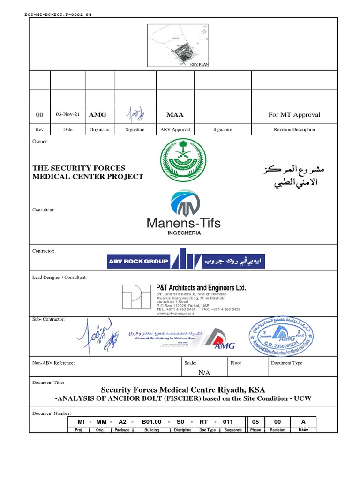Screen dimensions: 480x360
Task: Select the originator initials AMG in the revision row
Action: [x=98, y=114]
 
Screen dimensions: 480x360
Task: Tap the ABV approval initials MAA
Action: [x=175, y=114]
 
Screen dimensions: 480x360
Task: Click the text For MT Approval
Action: [x=294, y=114]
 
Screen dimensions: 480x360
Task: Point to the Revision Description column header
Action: [x=294, y=130]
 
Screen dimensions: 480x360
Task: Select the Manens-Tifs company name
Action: [x=184, y=223]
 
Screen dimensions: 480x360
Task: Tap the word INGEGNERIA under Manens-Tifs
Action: [x=184, y=232]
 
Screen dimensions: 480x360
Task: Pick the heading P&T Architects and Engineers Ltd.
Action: [x=201, y=287]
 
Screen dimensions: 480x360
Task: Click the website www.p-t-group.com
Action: [x=174, y=313]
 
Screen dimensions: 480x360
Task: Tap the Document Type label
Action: [x=287, y=363]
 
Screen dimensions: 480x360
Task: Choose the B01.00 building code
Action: [x=152, y=422]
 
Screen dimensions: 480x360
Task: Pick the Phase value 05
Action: [x=255, y=422]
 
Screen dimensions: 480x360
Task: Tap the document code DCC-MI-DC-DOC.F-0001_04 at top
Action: [x=58, y=14]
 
